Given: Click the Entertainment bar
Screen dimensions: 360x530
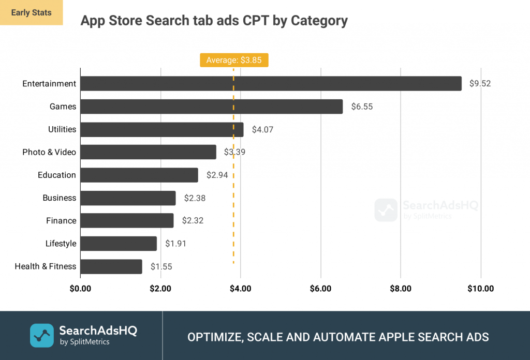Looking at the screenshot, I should click(271, 84).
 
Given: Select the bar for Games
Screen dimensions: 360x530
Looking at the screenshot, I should click(211, 107).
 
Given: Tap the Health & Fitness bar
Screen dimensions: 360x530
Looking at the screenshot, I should click(111, 266).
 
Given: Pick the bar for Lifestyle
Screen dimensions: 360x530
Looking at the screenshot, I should click(119, 244).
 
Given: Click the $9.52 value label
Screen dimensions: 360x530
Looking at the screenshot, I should click(480, 84).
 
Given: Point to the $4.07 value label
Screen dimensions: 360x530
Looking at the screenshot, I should click(262, 129).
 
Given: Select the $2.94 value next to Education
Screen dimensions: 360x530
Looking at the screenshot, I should click(217, 175).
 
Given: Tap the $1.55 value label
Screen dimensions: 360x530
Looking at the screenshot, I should click(161, 266).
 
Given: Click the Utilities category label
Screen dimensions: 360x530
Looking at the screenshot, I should click(62, 129).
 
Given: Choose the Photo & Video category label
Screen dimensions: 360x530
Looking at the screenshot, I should click(49, 152).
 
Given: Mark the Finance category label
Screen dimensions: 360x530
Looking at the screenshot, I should click(61, 221).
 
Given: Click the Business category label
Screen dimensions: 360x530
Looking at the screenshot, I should click(60, 198).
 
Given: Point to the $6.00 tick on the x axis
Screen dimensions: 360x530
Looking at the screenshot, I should click(320, 289).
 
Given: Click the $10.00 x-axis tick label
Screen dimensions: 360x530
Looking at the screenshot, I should click(481, 289).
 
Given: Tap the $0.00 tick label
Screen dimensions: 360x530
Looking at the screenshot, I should click(80, 289).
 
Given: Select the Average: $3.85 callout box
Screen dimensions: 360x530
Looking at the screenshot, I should click(234, 61).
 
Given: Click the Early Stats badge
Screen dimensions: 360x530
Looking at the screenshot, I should click(31, 12).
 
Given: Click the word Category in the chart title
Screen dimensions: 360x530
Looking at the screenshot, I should click(319, 21).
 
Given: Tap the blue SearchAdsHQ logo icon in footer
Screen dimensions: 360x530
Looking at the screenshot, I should click(42, 335).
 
